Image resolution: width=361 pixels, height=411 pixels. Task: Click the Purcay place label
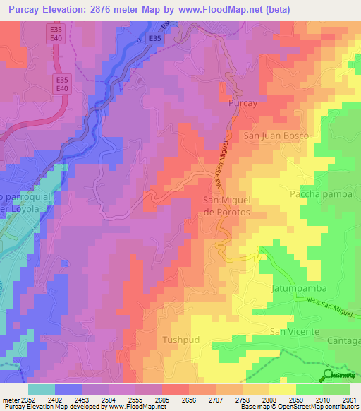coord(242,103)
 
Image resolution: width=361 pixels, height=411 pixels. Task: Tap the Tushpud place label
coord(182,340)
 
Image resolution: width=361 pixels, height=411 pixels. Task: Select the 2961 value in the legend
coord(349,400)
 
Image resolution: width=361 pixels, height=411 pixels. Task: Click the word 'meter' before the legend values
coord(10,400)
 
